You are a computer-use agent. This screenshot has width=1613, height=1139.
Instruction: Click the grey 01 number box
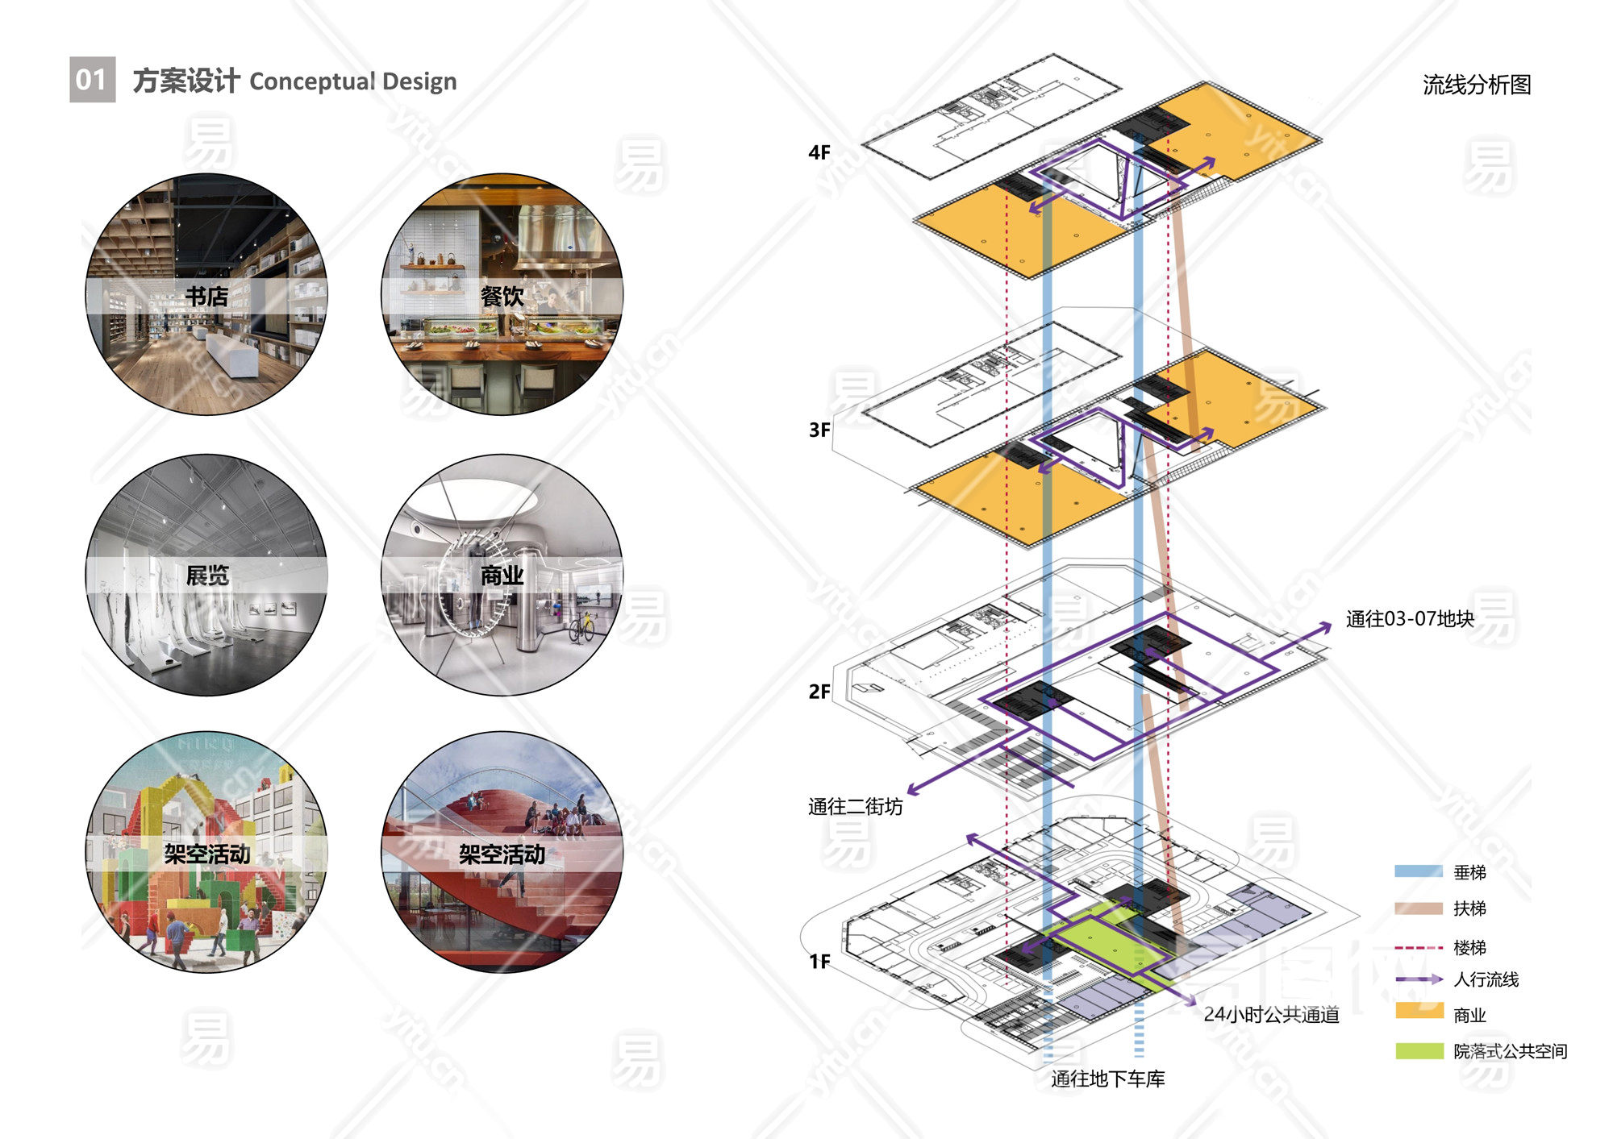pyautogui.click(x=92, y=80)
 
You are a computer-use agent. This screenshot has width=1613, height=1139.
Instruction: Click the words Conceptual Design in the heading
pyautogui.click(x=352, y=81)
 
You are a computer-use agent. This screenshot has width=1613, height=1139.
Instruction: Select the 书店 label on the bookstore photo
pyautogui.click(x=206, y=297)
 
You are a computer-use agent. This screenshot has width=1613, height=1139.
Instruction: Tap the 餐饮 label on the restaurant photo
pyautogui.click(x=502, y=297)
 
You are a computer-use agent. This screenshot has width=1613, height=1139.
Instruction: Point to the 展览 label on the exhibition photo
pyautogui.click(x=207, y=576)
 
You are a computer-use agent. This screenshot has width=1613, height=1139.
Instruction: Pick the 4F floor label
pyautogui.click(x=819, y=152)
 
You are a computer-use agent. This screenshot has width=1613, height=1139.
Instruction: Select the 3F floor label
pyautogui.click(x=819, y=430)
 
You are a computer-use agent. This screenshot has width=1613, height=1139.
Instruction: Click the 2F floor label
pyautogui.click(x=819, y=692)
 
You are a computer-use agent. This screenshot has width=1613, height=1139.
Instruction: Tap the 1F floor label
pyautogui.click(x=819, y=961)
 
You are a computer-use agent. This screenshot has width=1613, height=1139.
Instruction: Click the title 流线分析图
pyautogui.click(x=1476, y=85)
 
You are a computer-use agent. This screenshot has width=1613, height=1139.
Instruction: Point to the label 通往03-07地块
pyautogui.click(x=1409, y=619)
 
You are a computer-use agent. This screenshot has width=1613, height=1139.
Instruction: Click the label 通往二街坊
pyautogui.click(x=855, y=807)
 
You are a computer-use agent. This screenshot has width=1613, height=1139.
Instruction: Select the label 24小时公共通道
pyautogui.click(x=1271, y=1015)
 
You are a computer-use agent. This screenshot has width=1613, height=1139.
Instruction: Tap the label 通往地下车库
pyautogui.click(x=1107, y=1079)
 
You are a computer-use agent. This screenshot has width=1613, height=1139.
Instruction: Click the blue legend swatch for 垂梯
pyautogui.click(x=1419, y=871)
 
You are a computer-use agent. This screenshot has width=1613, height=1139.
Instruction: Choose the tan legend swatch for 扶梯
pyautogui.click(x=1419, y=908)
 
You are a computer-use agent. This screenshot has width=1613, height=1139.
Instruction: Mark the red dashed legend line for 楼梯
pyautogui.click(x=1419, y=948)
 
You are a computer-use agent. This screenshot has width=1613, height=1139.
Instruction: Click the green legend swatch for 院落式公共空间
pyautogui.click(x=1419, y=1051)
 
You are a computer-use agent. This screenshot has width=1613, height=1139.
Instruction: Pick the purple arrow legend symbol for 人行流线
pyautogui.click(x=1419, y=979)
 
